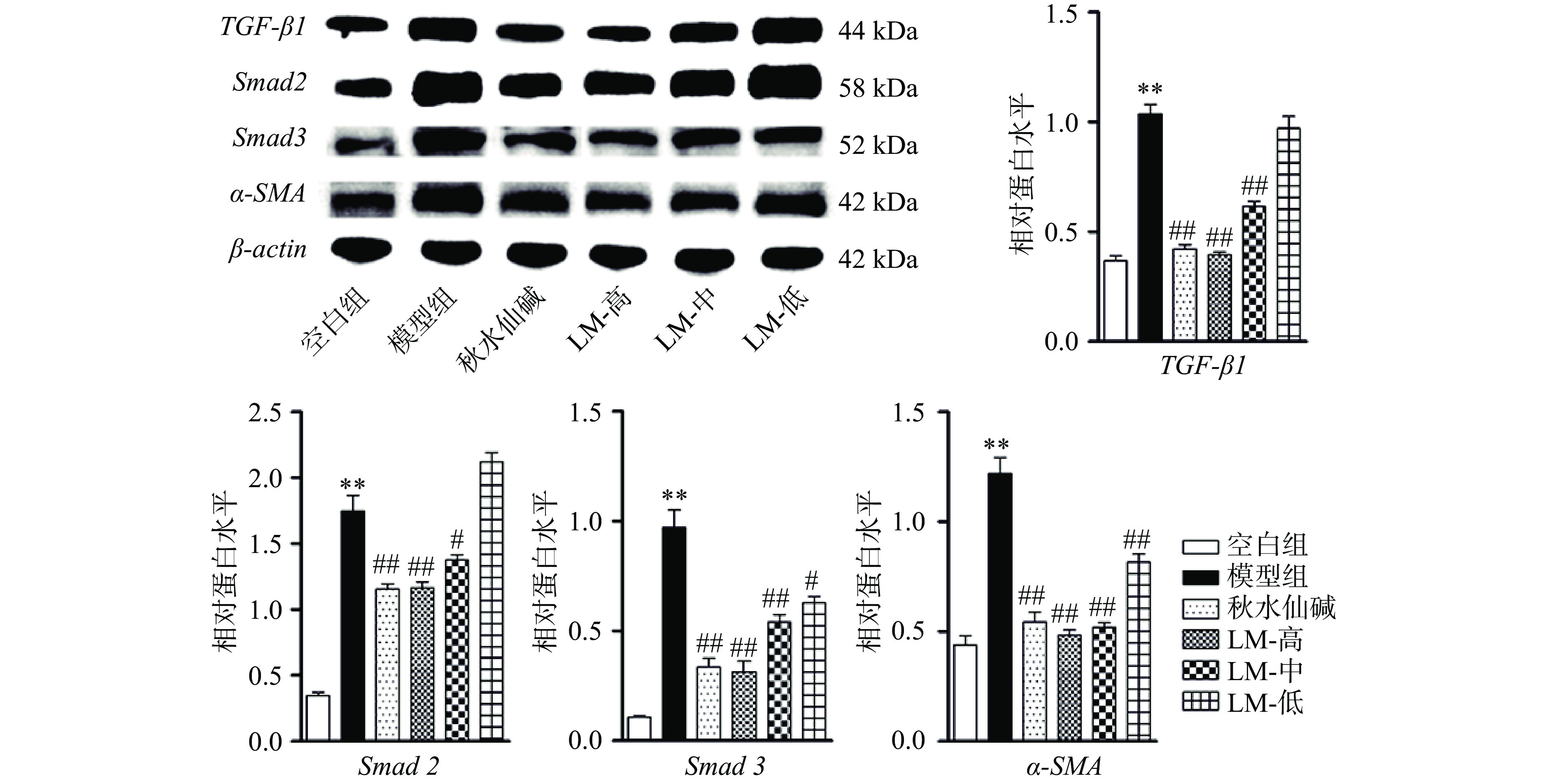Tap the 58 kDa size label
coord(877,88)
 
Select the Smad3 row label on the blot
coord(269,138)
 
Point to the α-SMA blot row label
coord(268,194)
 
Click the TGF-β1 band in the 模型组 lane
coord(443,30)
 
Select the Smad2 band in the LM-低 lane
coord(787,82)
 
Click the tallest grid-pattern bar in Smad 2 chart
coord(491,601)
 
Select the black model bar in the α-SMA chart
coord(1000,607)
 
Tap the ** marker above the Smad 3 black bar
coord(674,496)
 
